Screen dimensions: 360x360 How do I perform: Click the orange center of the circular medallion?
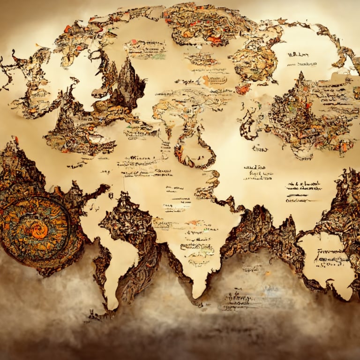pos(39,230)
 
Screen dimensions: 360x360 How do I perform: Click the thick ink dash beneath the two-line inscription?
pos(297,195)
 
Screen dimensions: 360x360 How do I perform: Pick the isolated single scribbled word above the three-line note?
pos(259,149)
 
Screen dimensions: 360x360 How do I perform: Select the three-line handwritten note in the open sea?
pos(258,172)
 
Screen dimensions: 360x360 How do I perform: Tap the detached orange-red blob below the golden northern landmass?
pos(243,89)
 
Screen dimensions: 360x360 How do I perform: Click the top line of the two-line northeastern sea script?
pos(297,55)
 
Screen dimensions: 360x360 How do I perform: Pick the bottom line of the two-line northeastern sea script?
pos(307,64)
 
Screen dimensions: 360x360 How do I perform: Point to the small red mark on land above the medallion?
pos(16,140)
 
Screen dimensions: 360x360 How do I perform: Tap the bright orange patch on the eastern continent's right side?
pos(345,146)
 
